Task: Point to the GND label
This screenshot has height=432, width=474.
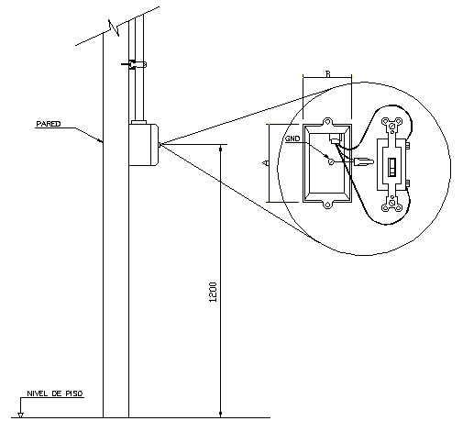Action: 292,138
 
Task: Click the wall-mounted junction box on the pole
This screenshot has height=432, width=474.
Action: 144,144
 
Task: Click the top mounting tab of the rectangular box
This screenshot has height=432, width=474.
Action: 328,120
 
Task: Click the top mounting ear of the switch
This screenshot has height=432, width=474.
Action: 395,127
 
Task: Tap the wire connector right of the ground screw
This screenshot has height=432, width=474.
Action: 361,162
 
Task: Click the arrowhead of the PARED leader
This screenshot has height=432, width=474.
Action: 102,141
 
